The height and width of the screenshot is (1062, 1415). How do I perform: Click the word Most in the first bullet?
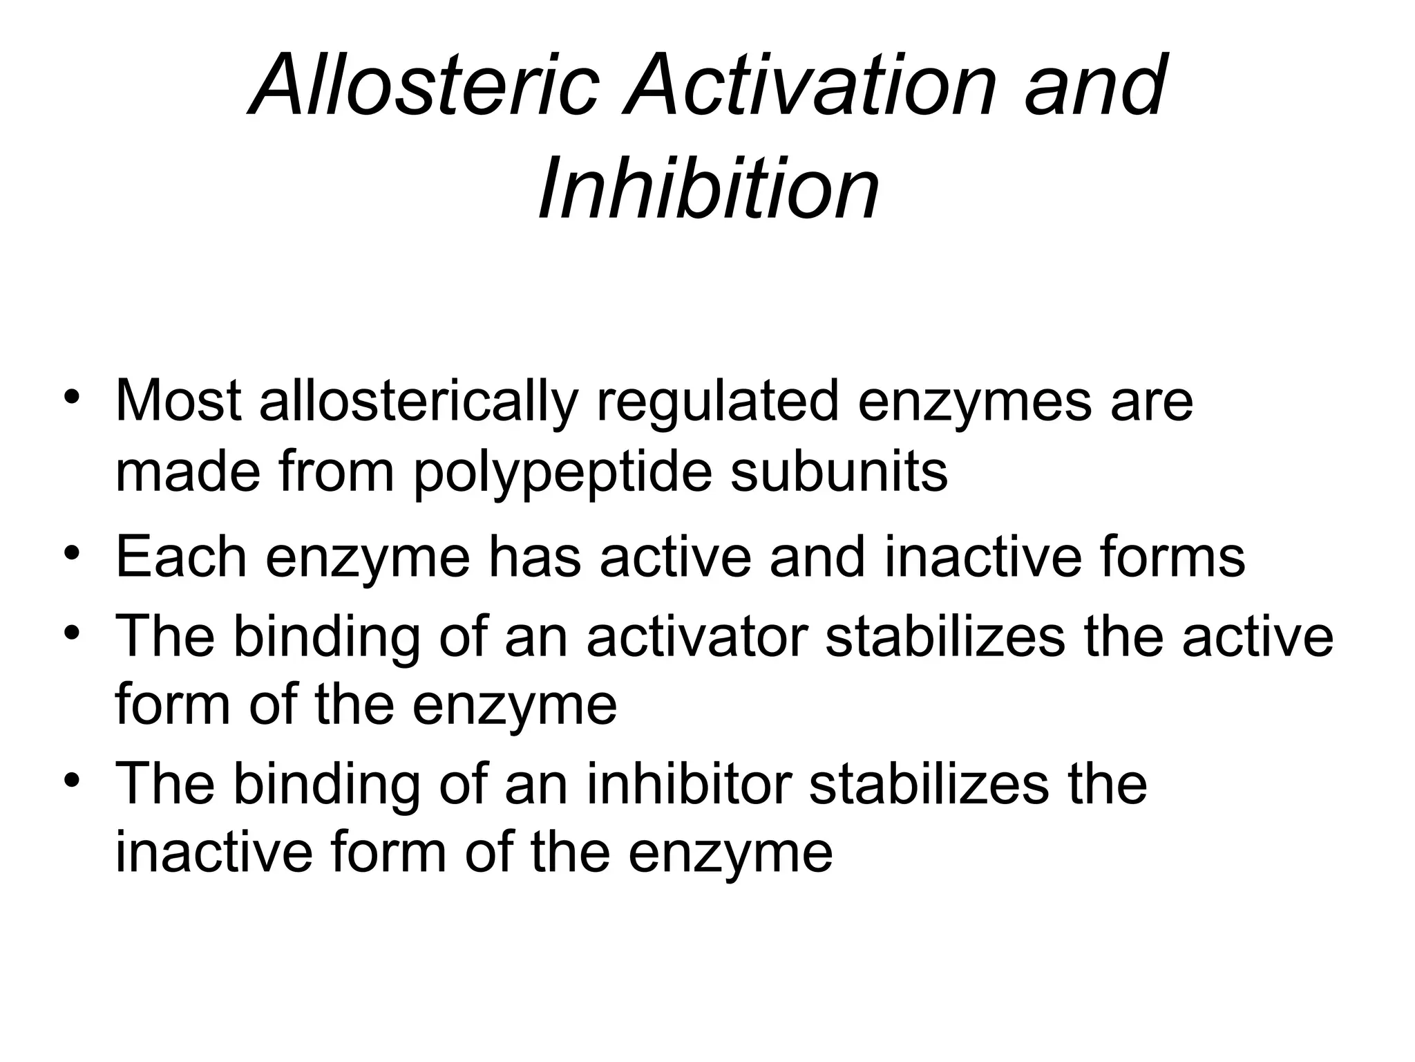[178, 401]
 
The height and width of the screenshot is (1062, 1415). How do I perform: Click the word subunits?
[839, 472]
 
